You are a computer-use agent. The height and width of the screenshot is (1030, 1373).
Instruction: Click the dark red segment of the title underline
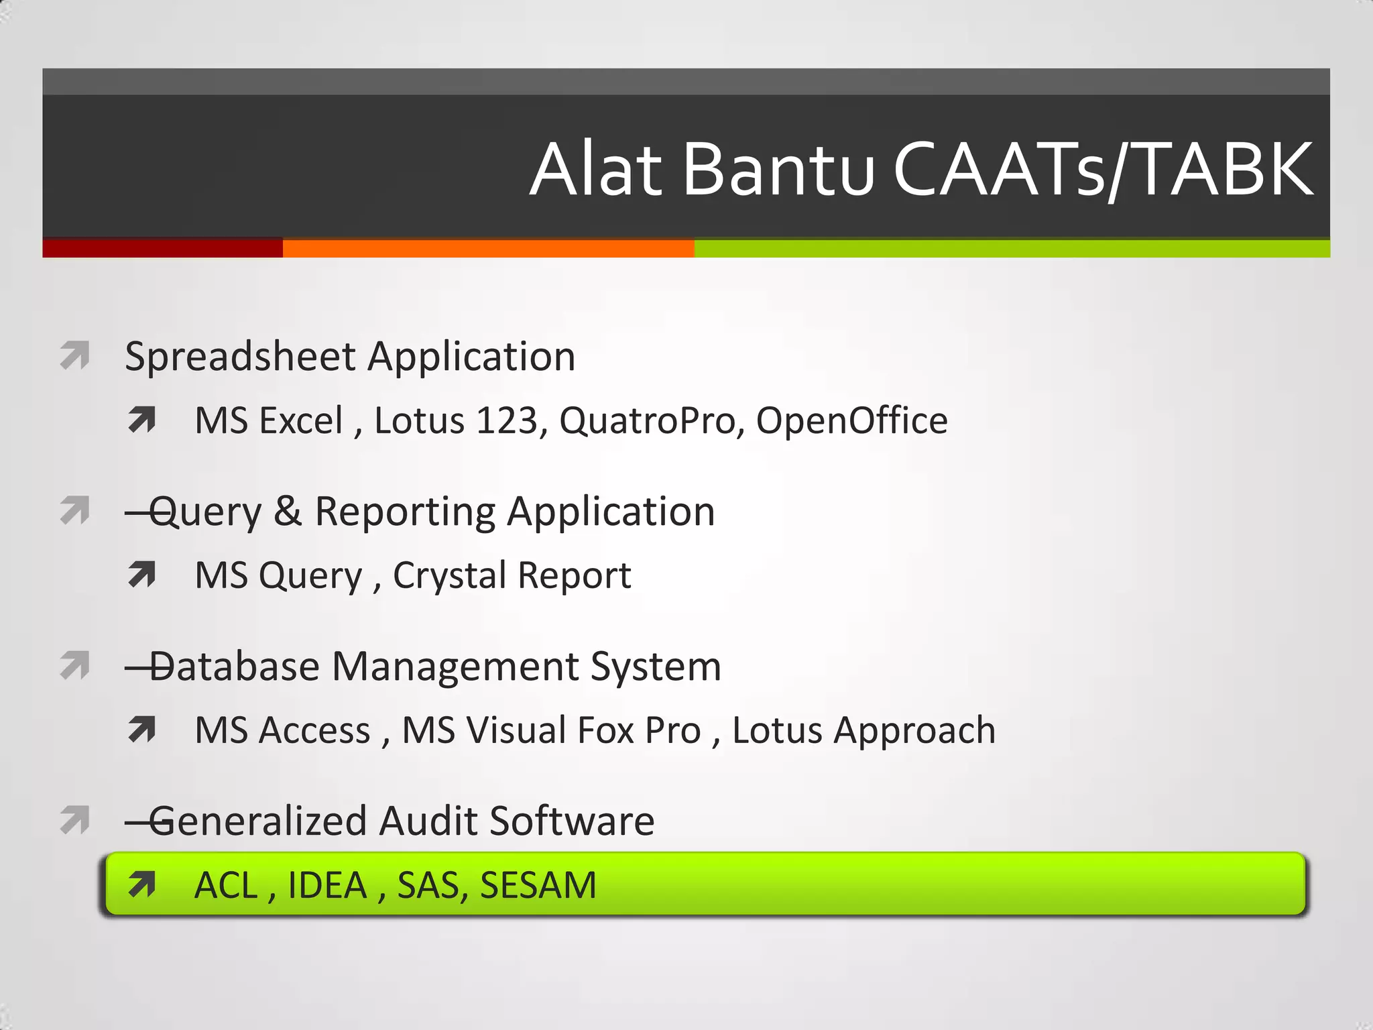click(x=162, y=248)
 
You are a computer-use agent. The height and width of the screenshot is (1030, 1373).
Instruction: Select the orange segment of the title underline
click(x=488, y=248)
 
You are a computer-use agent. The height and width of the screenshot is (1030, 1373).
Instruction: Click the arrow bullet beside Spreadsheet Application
click(x=74, y=355)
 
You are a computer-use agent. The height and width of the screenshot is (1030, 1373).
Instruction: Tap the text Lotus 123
click(x=456, y=421)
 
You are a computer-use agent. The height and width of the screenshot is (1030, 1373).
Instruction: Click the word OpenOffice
click(x=851, y=421)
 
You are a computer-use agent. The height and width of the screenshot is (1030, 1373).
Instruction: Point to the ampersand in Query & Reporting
click(x=288, y=512)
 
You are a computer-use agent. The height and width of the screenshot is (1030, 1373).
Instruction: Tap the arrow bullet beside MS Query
click(x=141, y=575)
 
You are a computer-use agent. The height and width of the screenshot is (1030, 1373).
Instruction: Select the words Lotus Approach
click(x=863, y=730)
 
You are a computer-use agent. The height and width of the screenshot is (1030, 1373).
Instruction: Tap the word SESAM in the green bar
click(x=538, y=885)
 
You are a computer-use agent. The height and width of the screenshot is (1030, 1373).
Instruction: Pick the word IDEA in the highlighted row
click(x=327, y=885)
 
